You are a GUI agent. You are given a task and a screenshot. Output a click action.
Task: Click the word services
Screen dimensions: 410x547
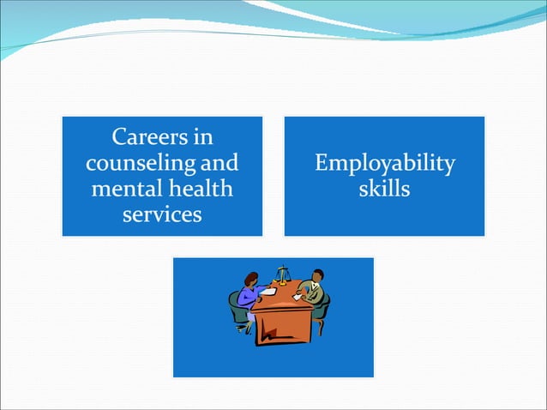coord(162,214)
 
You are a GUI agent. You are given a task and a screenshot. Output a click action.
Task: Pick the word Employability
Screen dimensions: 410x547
coord(384,163)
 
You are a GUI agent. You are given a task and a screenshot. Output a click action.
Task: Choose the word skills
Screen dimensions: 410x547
coord(384,188)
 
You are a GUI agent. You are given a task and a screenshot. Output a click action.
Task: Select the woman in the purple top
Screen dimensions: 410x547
coord(249,296)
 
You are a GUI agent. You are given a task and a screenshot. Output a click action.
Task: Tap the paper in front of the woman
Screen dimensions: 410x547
coord(267,292)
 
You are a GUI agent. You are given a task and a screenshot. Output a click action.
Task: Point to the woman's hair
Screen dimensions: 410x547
coord(252,278)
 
